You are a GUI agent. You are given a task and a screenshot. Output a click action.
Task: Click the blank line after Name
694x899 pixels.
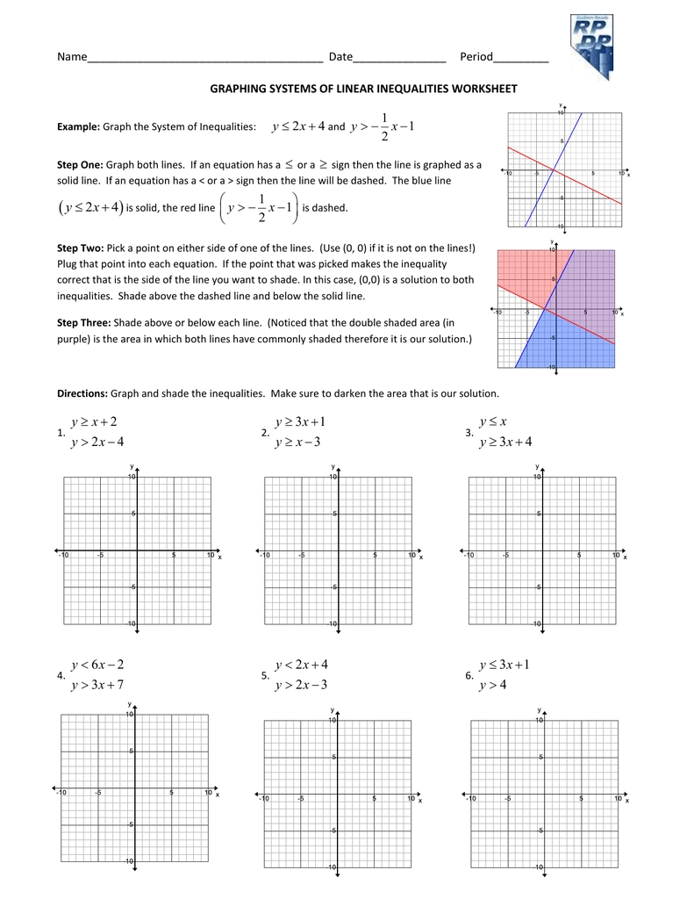point(204,59)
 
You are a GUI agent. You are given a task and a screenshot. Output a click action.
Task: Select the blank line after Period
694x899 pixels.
point(521,59)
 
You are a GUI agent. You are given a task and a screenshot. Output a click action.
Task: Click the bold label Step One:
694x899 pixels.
point(80,164)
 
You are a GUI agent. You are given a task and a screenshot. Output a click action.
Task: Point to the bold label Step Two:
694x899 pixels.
point(80,248)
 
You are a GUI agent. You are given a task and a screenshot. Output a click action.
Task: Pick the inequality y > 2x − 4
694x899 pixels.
point(97,442)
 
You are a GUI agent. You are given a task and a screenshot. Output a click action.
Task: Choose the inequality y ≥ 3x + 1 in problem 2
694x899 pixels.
point(300,422)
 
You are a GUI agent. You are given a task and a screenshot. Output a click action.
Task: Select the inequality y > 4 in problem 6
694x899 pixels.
point(492,685)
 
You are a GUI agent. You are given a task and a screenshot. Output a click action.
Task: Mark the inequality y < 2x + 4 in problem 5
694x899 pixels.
point(301,665)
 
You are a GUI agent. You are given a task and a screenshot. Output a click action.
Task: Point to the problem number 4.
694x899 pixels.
point(60,676)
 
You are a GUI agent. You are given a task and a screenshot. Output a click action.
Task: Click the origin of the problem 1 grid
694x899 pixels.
point(136,551)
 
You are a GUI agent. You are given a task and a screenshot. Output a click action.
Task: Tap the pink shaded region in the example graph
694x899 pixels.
point(522,272)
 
